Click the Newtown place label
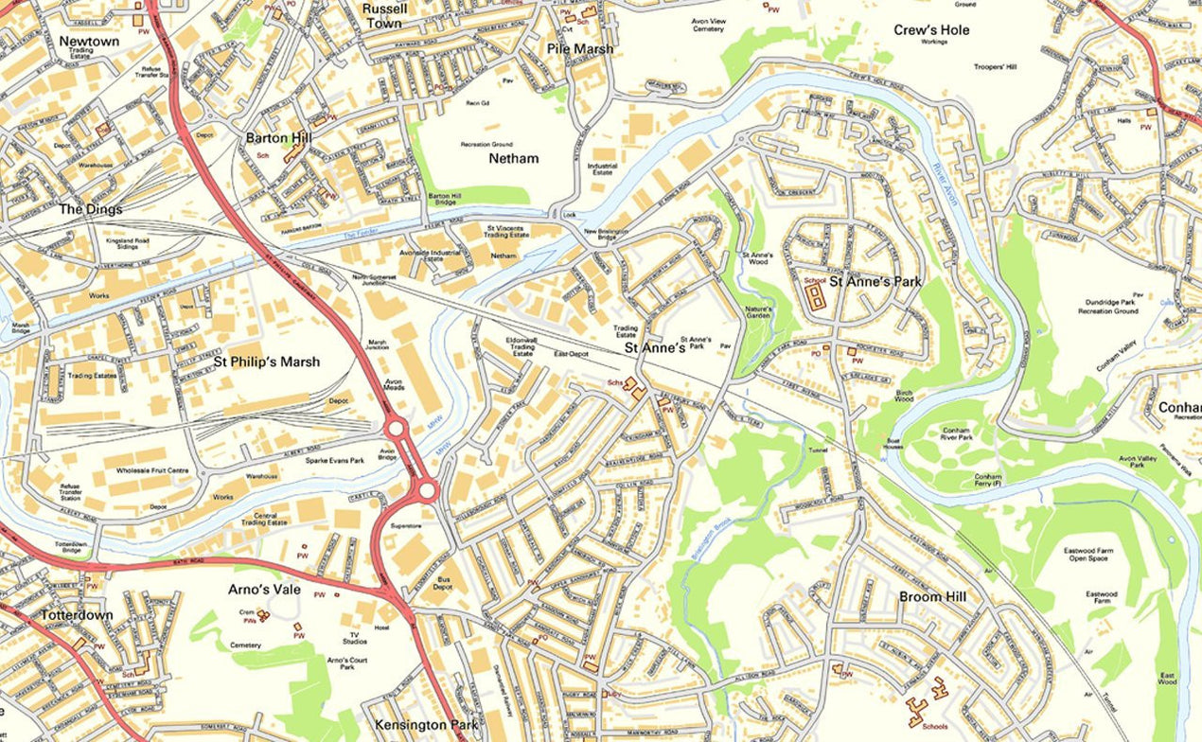click(89, 42)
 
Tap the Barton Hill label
click(278, 138)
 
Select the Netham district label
click(514, 158)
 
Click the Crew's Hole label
click(931, 30)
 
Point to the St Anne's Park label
click(875, 281)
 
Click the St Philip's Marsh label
click(267, 362)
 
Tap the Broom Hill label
click(933, 596)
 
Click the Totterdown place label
click(77, 615)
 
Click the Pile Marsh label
click(580, 48)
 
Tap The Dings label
click(91, 209)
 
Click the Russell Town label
click(384, 15)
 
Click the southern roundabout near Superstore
click(426, 489)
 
